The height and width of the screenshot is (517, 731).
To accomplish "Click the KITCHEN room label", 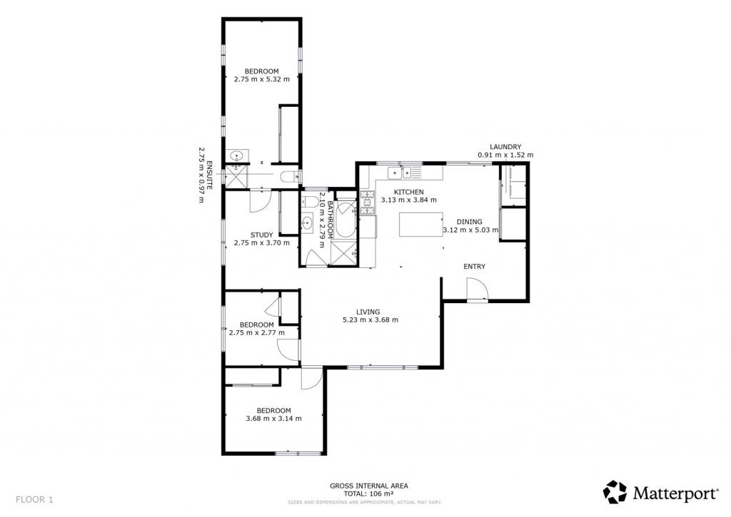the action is click(409, 192).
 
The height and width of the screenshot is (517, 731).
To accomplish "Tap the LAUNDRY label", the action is click(505, 147).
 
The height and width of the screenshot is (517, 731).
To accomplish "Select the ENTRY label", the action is click(474, 267).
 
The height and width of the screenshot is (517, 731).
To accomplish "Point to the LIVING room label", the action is click(368, 312).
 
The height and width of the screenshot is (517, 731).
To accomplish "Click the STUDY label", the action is click(261, 235).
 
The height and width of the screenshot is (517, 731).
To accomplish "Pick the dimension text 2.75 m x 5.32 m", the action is click(261, 79).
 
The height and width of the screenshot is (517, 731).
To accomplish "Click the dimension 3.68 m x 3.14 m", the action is click(273, 419).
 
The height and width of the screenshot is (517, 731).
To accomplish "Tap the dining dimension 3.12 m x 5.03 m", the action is click(470, 230).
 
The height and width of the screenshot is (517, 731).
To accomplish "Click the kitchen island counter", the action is click(421, 225).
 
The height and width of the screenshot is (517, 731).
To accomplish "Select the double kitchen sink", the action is click(400, 173).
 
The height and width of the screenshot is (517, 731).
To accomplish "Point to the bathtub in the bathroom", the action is click(346, 219).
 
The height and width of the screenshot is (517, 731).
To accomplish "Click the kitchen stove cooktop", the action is click(368, 203).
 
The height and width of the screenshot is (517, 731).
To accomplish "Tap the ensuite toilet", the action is click(290, 177).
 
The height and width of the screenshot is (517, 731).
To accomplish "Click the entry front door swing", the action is click(477, 289).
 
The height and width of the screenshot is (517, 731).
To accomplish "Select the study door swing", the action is click(259, 201).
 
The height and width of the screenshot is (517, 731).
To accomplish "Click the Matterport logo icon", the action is click(615, 492).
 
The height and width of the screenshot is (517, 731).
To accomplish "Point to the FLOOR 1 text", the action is click(34, 500).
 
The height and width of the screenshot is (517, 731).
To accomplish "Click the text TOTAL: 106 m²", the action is click(369, 493).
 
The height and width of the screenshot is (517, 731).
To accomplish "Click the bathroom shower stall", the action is click(343, 253).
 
